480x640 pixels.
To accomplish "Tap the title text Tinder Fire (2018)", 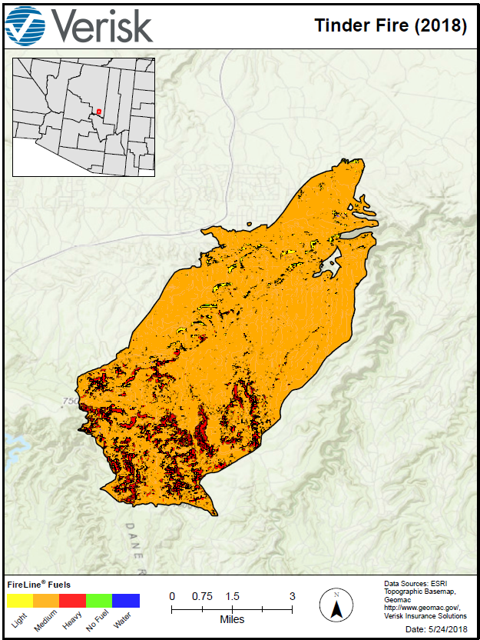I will coord(390,25).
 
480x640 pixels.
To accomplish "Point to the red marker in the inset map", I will coord(99,112).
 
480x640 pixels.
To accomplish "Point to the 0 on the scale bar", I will coord(172,596).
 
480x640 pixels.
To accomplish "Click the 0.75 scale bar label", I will coord(202,596).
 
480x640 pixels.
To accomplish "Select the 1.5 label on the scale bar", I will coord(233,596).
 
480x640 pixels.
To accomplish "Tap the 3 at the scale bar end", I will coord(293,596).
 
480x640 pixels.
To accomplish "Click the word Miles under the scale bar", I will coord(232,619).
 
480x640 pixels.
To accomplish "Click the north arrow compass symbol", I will coord(336,605).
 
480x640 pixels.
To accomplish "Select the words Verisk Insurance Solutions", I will coord(425,615).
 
